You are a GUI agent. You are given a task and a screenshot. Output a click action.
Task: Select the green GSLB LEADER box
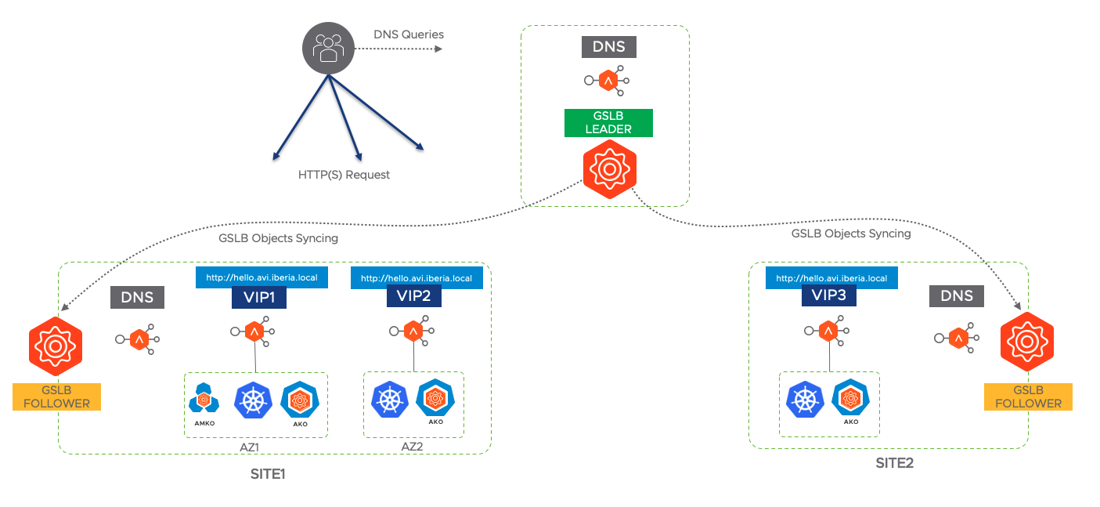(608, 122)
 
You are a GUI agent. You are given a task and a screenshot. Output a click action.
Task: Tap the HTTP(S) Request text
(344, 175)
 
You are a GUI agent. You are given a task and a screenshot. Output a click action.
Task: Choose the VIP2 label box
(414, 296)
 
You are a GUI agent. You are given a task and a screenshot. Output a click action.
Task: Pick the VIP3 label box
(829, 295)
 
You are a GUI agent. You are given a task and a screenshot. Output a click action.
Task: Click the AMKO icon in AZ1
(204, 400)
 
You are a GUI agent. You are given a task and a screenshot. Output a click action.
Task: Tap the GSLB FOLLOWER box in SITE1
(56, 397)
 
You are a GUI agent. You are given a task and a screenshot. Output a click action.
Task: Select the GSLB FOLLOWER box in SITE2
(1028, 397)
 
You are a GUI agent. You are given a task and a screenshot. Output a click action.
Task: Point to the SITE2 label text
(894, 463)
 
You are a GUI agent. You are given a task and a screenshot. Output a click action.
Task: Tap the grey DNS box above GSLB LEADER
(609, 46)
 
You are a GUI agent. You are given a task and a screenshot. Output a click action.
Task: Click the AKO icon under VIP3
(851, 399)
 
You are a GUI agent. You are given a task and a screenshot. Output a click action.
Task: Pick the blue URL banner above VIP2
(417, 277)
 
